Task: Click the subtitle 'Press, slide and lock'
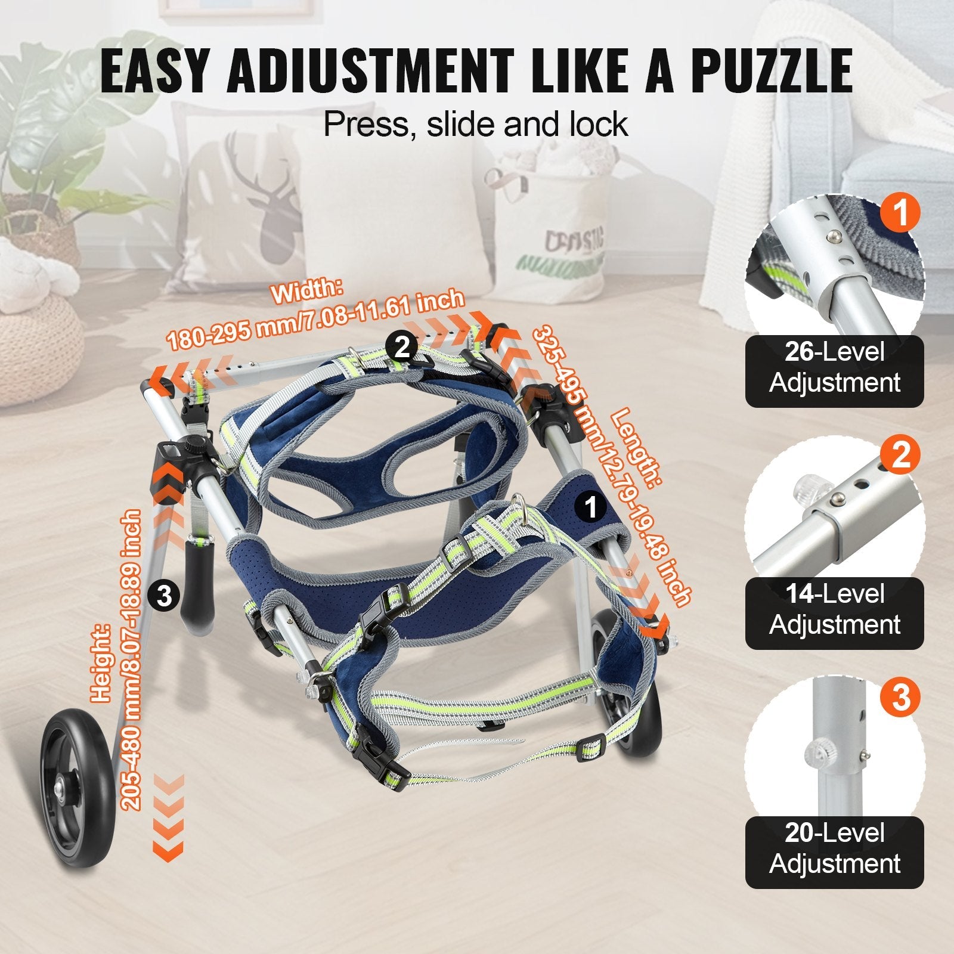475,123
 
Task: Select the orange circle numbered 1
901,212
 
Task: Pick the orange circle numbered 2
901,454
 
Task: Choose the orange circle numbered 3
901,696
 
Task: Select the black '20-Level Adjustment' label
834,852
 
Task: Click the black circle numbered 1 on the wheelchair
591,507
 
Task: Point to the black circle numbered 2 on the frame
402,346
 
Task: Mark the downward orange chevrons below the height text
168,817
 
